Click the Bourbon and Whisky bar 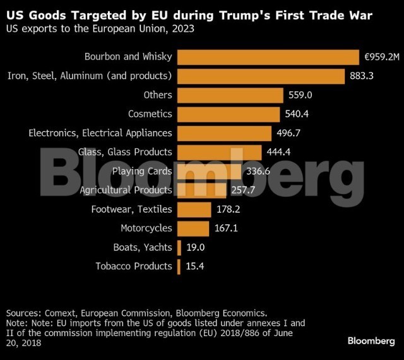pos(268,57)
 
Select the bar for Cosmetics pos(229,114)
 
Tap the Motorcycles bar pos(193,228)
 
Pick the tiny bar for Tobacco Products pos(179,265)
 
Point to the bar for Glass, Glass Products pos(219,152)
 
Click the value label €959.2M pos(383,57)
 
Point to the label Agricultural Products pos(126,190)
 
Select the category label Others pos(158,95)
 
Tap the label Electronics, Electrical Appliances pos(100,133)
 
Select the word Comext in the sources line pos(61,312)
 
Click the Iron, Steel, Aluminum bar pos(261,76)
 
